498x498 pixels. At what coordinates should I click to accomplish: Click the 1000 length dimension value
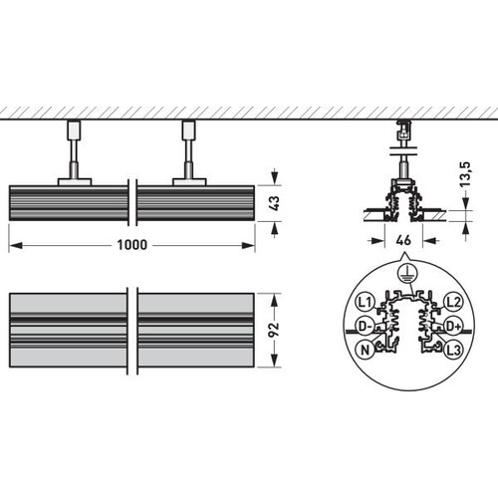point(131,245)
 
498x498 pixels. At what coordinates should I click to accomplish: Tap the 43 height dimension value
point(275,203)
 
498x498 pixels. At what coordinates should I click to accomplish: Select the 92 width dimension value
point(275,330)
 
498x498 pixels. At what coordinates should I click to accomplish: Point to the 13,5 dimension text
point(466,174)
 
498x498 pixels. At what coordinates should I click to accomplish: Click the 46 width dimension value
point(403,240)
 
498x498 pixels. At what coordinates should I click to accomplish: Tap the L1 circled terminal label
point(365,302)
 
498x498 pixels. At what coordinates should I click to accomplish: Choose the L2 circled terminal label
point(453,302)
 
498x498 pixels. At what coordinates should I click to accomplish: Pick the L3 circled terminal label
point(453,350)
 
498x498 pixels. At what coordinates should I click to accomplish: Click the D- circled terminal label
point(365,326)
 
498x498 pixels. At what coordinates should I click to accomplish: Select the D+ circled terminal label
point(453,326)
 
